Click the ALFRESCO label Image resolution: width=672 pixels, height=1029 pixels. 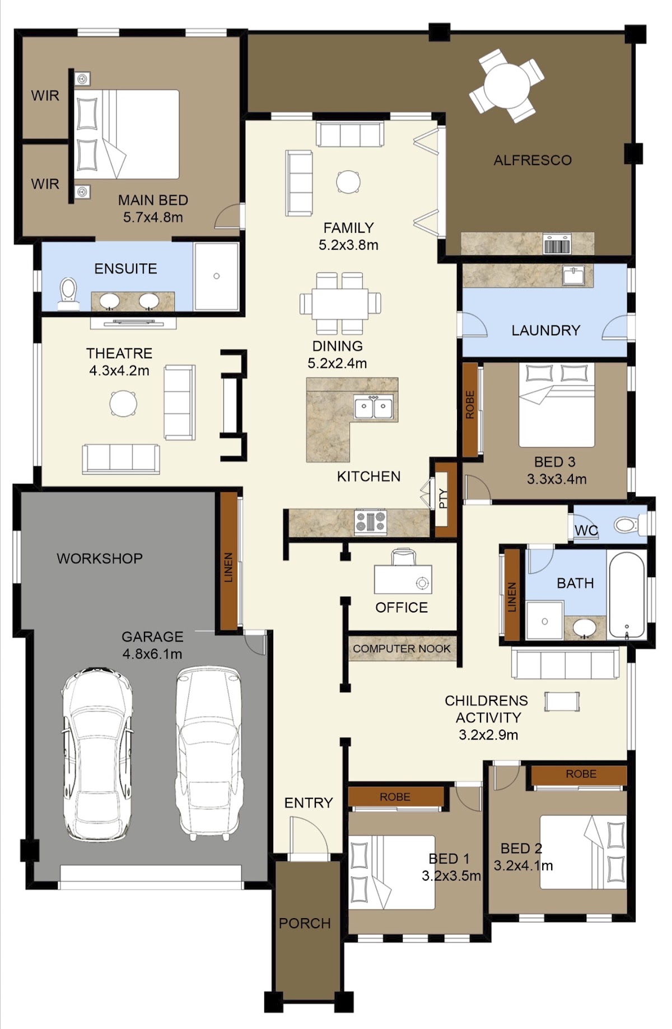pyautogui.click(x=532, y=160)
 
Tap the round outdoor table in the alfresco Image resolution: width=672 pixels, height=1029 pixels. pyautogui.click(x=507, y=86)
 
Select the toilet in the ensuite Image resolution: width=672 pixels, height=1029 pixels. pyautogui.click(x=68, y=293)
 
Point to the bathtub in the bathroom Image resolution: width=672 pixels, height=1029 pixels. pyautogui.click(x=627, y=596)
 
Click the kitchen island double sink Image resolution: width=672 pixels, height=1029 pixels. pyautogui.click(x=374, y=408)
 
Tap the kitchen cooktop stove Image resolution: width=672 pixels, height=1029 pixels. pyautogui.click(x=371, y=522)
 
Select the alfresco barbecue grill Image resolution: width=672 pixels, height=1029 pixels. pyautogui.click(x=557, y=244)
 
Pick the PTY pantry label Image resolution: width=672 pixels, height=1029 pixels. pyautogui.click(x=444, y=498)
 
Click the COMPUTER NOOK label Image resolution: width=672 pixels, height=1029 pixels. pyautogui.click(x=402, y=648)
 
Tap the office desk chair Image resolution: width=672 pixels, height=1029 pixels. pyautogui.click(x=404, y=557)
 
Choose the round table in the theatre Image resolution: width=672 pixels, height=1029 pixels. pyautogui.click(x=123, y=403)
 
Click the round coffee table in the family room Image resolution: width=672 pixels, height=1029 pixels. pyautogui.click(x=348, y=182)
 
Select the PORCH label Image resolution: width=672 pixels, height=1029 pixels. pyautogui.click(x=305, y=923)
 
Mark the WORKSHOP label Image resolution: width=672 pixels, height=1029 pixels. pyautogui.click(x=100, y=558)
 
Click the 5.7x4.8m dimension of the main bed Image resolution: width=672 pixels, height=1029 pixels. pyautogui.click(x=153, y=217)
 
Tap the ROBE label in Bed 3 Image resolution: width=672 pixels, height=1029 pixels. pyautogui.click(x=470, y=405)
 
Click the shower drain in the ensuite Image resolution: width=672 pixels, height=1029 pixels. pyautogui.click(x=216, y=276)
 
